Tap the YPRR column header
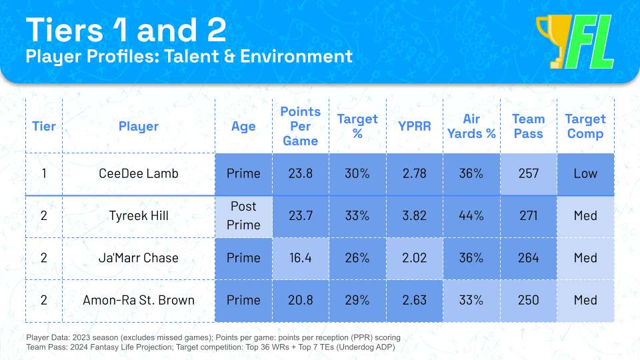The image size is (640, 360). pos(414,126)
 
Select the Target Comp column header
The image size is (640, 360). pos(585,126)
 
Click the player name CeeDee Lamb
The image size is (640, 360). pos(138,173)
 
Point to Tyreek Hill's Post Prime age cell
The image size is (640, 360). pos(243,215)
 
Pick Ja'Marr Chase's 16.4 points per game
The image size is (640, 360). pos(300,257)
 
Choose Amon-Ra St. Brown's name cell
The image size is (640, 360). pos(138,299)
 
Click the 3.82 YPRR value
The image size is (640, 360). pos(414,215)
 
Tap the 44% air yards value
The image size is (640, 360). pos(471,215)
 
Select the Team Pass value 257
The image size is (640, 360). pos(528,173)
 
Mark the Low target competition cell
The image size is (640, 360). pos(585,173)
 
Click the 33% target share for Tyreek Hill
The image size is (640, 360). pos(357,215)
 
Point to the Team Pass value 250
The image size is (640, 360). pos(528,299)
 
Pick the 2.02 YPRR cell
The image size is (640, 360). pos(414,257)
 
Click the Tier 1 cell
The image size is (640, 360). pos(43,173)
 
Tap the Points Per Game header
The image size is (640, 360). pos(300,126)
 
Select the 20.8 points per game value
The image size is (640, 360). pos(300,299)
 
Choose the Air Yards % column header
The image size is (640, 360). pos(471,126)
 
